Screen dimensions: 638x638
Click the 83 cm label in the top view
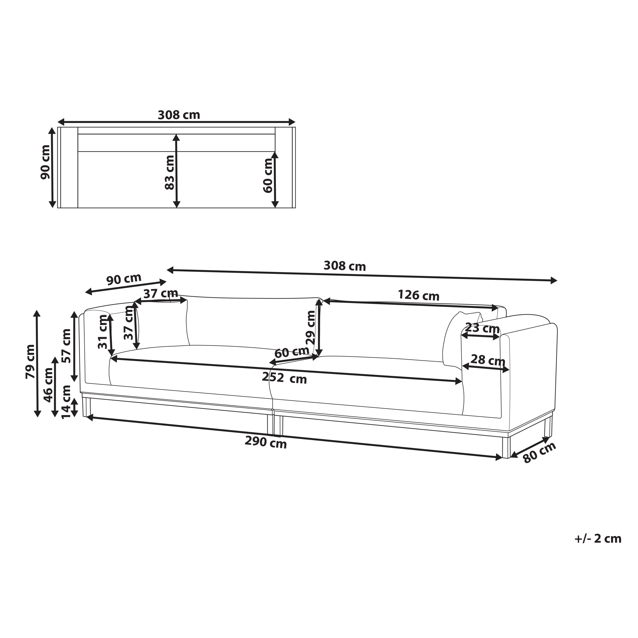(x=169, y=172)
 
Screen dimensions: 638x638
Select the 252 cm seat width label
(x=284, y=378)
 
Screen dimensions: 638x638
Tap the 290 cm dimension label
(x=265, y=442)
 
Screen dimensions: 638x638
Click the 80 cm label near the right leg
(x=540, y=452)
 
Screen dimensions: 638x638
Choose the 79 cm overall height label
(x=30, y=362)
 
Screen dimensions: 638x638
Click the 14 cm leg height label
(x=66, y=402)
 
